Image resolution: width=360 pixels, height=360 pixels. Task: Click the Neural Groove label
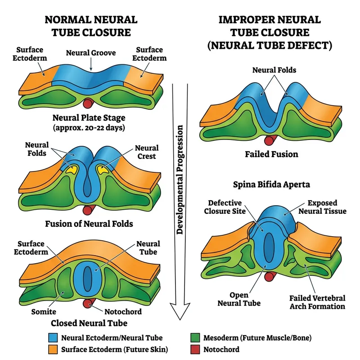tap(91, 53)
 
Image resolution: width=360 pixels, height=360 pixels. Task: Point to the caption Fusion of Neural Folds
tap(89, 224)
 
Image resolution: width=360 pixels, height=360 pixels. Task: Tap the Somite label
tap(44, 311)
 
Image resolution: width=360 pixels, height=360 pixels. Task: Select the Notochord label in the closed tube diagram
tap(123, 311)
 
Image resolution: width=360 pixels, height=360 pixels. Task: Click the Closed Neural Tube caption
tap(89, 323)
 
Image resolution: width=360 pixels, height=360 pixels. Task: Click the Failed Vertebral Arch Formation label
tap(317, 302)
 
